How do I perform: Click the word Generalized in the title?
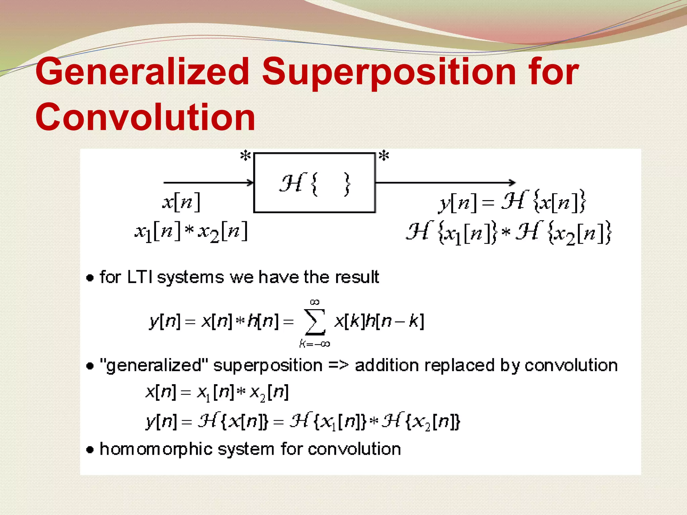[143, 71]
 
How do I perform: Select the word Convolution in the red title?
[145, 117]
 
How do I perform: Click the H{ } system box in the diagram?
[314, 183]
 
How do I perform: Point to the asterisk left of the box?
[246, 156]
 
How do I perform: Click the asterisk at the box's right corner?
[384, 156]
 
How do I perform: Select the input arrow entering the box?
[208, 183]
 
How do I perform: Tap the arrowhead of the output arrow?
[512, 183]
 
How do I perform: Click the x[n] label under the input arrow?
[181, 202]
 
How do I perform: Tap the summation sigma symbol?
[315, 322]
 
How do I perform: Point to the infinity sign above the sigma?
[315, 302]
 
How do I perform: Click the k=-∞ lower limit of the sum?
[315, 344]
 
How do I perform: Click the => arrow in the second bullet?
[338, 365]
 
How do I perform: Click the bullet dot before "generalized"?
[90, 366]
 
